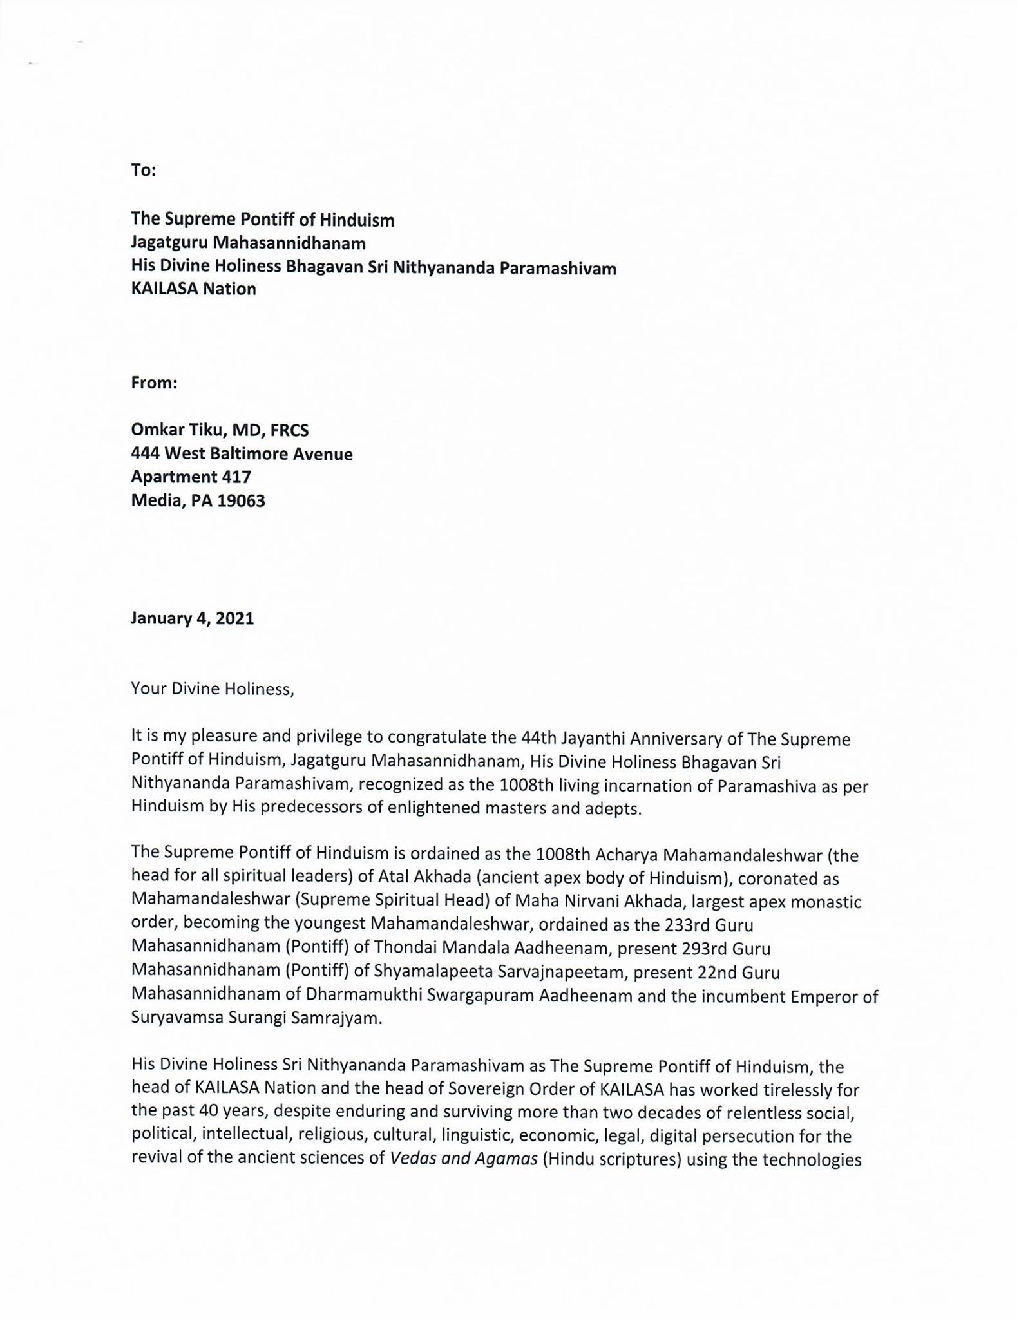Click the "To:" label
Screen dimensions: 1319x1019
[x=144, y=170]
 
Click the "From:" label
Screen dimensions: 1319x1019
[x=154, y=383]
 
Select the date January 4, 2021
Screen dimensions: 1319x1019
[x=192, y=618]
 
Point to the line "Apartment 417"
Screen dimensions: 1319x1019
[x=191, y=477]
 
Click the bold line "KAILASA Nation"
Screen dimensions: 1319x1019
[x=193, y=289]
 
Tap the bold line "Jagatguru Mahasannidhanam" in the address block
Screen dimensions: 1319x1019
[x=248, y=243]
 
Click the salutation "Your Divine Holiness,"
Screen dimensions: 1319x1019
[x=213, y=689]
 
